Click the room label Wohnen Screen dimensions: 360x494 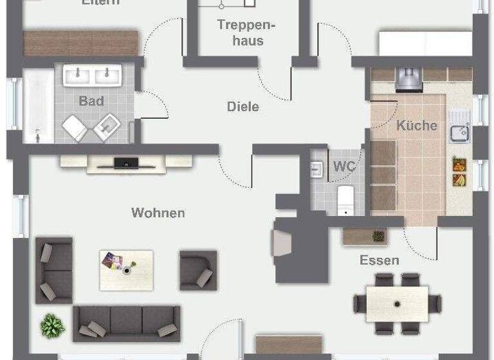click(158, 213)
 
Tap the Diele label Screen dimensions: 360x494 click(243, 107)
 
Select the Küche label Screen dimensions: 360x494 click(417, 125)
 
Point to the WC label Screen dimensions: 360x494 click(344, 166)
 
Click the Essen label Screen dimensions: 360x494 click(380, 260)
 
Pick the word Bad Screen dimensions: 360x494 click(91, 101)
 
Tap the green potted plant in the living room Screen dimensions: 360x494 click(52, 325)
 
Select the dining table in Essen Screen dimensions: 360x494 click(398, 303)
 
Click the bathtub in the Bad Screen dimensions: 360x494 click(38, 106)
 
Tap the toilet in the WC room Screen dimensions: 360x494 click(345, 199)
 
